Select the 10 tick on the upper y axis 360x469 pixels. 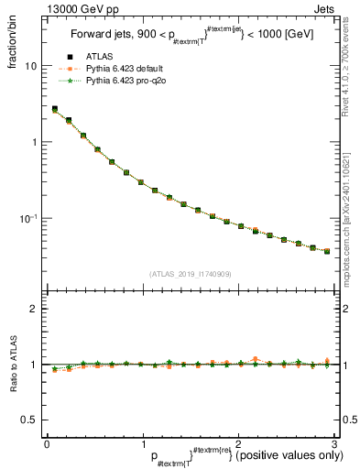pos(30,67)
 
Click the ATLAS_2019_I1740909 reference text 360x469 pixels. pos(190,274)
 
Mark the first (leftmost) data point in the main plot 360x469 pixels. pos(54,109)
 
